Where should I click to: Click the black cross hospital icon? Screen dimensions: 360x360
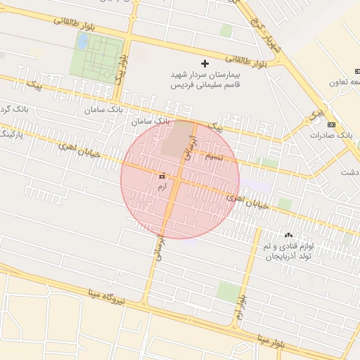click(x=205, y=64)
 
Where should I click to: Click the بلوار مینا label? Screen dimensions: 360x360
click(x=268, y=342)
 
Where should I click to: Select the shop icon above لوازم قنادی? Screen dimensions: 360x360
click(x=288, y=235)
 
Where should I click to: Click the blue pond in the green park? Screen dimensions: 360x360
click(x=82, y=41)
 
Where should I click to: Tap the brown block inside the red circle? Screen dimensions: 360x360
click(x=175, y=139)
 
